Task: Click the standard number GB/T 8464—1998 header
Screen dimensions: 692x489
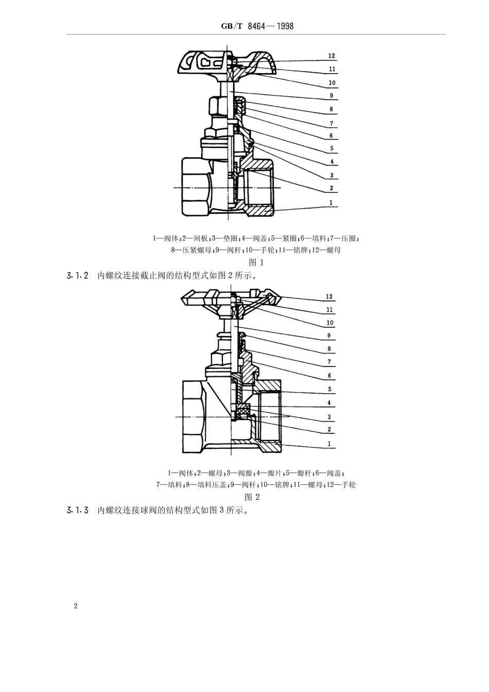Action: (257, 26)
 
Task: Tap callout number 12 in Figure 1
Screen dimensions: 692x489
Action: (331, 56)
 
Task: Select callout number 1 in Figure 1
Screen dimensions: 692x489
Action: (331, 203)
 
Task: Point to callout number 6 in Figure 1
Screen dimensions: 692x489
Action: (331, 136)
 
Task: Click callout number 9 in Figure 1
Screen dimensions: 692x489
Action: (331, 95)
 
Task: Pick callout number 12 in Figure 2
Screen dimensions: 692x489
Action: (329, 297)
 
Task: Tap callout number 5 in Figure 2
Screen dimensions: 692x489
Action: (329, 390)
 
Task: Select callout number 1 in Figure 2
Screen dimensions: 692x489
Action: (329, 444)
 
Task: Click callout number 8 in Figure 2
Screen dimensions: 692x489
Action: (329, 349)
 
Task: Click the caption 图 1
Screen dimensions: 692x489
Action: (256, 262)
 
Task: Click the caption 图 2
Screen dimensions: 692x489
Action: (252, 497)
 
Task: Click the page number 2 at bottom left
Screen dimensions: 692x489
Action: (76, 606)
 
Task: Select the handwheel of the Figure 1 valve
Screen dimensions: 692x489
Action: (226, 64)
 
